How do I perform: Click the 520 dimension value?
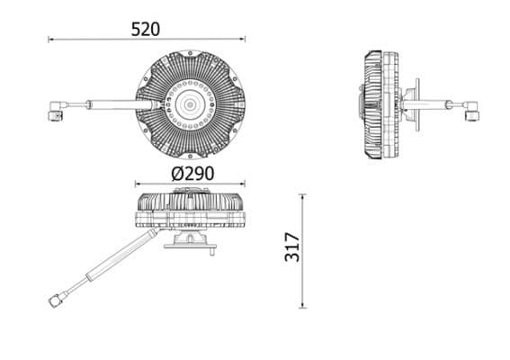pyautogui.click(x=145, y=28)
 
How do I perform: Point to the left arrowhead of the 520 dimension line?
pyautogui.click(x=50, y=40)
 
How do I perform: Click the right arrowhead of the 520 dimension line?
pyautogui.click(x=242, y=40)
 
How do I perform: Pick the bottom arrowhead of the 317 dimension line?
pyautogui.click(x=302, y=305)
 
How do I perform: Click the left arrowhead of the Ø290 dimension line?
pyautogui.click(x=138, y=183)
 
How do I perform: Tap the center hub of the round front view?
pyautogui.click(x=190, y=104)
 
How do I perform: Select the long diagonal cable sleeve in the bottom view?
pyautogui.click(x=126, y=254)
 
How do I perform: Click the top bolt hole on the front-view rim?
pyautogui.click(x=190, y=55)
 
